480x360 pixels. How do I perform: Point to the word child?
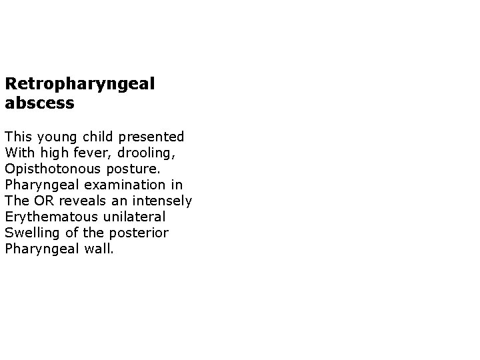pos(97,137)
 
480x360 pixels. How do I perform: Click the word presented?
pos(151,137)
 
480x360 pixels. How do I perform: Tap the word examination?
pos(117,185)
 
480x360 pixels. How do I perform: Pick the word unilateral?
pos(133,217)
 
